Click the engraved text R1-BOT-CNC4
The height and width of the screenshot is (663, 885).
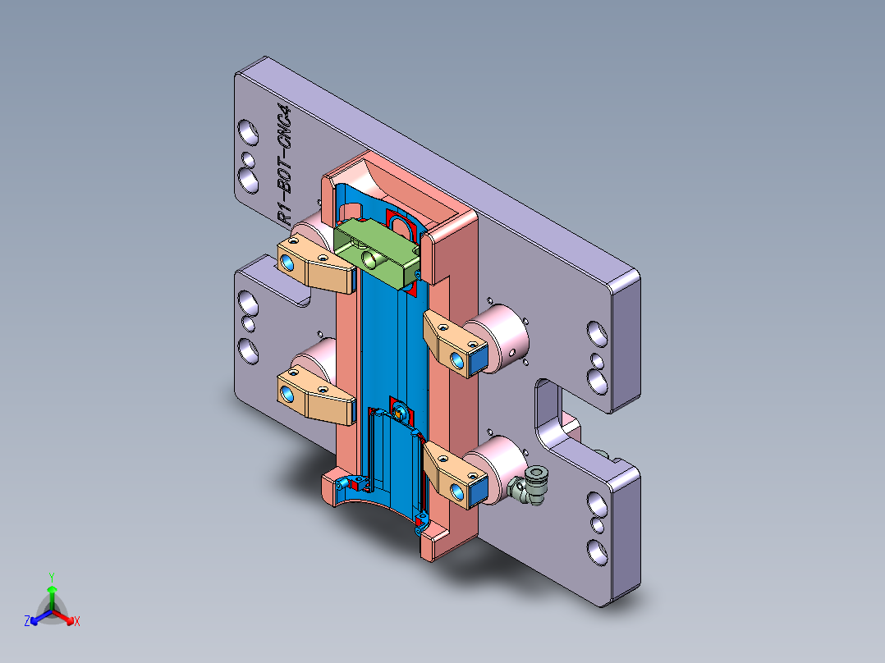tap(284, 165)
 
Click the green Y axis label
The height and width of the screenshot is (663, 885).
tap(51, 576)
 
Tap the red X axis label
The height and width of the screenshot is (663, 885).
tap(76, 622)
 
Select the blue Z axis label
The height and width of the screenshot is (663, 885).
tap(26, 622)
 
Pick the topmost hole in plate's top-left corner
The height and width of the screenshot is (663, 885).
tap(245, 130)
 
